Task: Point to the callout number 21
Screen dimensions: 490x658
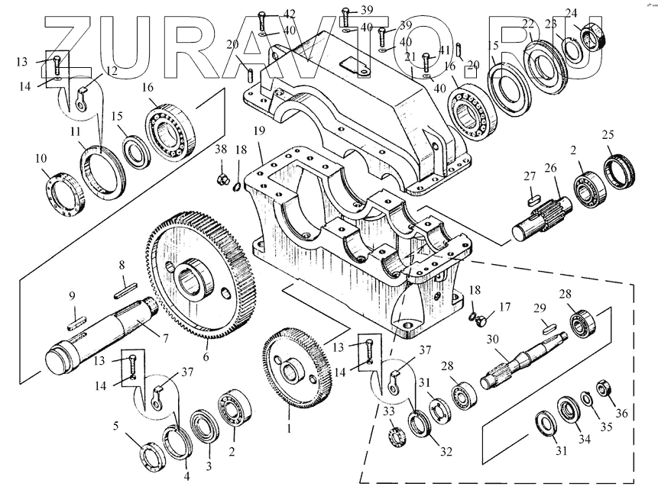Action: (x=410, y=57)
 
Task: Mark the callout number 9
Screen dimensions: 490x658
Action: (x=73, y=295)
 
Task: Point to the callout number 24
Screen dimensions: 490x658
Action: (x=571, y=11)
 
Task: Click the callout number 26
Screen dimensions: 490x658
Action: (x=550, y=168)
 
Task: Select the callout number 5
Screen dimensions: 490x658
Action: (x=116, y=426)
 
